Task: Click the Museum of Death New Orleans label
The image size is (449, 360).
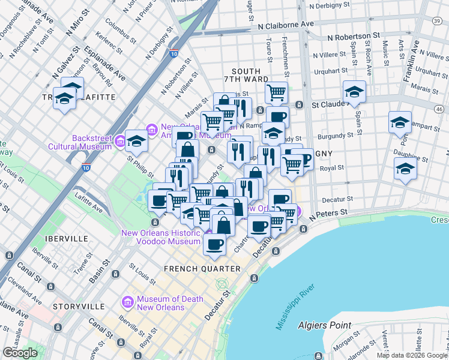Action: [161, 303]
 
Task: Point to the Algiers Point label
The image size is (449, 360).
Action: [325, 325]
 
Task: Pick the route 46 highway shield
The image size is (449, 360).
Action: [439, 108]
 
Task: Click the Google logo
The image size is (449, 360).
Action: [20, 353]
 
